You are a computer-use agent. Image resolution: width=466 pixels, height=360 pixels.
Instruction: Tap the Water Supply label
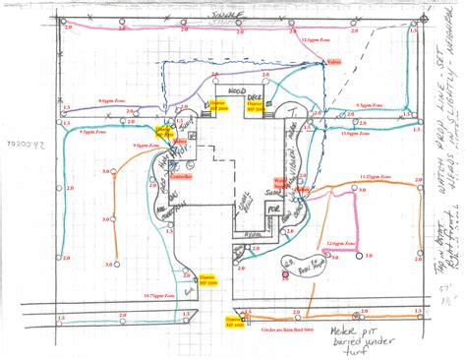pos(279,182)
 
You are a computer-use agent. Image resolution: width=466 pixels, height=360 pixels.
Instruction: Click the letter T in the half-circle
pos(293,115)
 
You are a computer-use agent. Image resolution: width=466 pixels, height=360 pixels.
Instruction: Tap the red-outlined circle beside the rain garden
pos(286,275)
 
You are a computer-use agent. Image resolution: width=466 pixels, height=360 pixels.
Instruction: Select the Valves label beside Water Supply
pos(304,187)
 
